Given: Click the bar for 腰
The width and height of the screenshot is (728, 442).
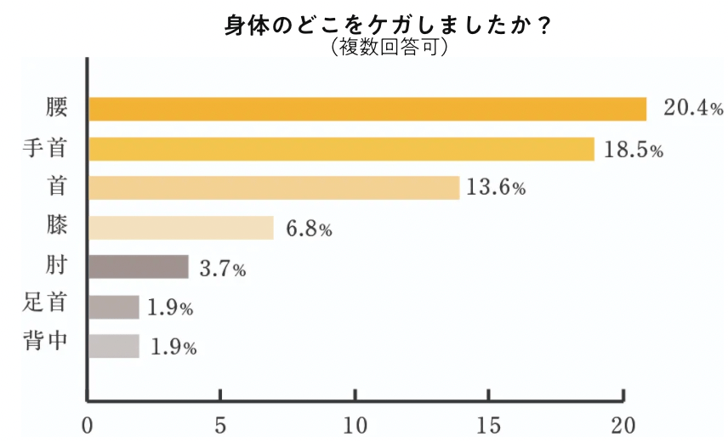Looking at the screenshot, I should [367, 110].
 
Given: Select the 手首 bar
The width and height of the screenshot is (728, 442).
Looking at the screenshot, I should [341, 149].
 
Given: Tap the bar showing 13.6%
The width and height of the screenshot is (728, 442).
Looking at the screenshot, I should [274, 188].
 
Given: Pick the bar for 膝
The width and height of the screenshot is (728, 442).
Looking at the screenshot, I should [181, 228].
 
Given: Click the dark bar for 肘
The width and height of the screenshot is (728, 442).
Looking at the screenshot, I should [138, 267].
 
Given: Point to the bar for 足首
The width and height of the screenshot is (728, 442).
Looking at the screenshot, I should [113, 307].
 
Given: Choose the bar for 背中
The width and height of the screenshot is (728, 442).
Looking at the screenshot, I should [113, 346].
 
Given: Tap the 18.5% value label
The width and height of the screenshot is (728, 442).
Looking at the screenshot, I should [633, 150].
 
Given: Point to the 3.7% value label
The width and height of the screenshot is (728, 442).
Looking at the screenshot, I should [222, 269].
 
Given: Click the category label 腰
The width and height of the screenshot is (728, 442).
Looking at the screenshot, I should [56, 109].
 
